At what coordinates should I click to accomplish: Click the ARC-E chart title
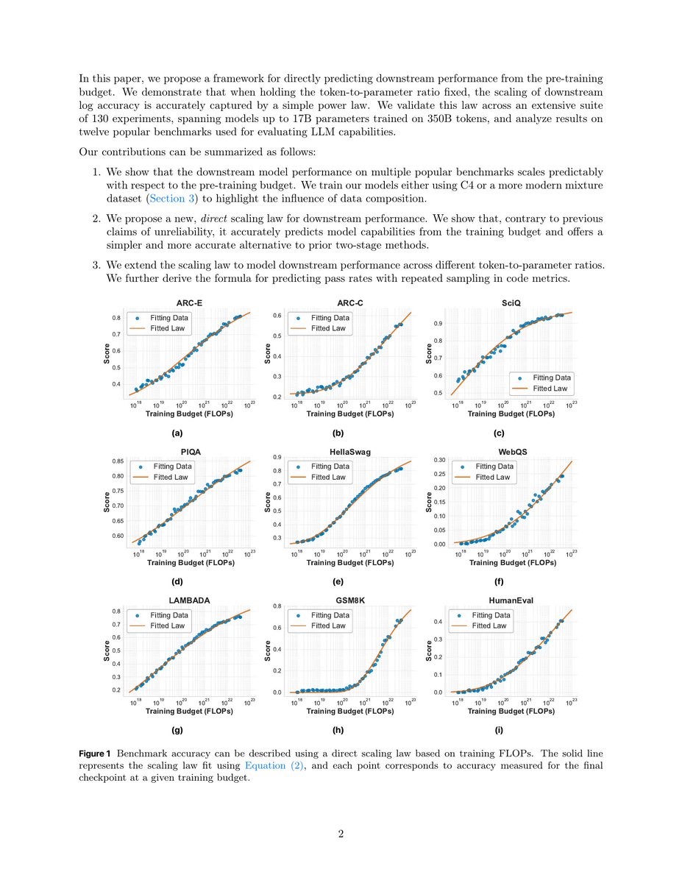190,302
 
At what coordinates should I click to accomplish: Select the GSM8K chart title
350,600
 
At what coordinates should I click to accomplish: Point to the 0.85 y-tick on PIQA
118,461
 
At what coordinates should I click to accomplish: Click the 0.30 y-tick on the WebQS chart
437,460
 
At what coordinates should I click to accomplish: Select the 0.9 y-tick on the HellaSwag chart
280,458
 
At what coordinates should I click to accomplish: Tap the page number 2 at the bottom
341,834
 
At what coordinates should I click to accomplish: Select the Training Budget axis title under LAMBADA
190,711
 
